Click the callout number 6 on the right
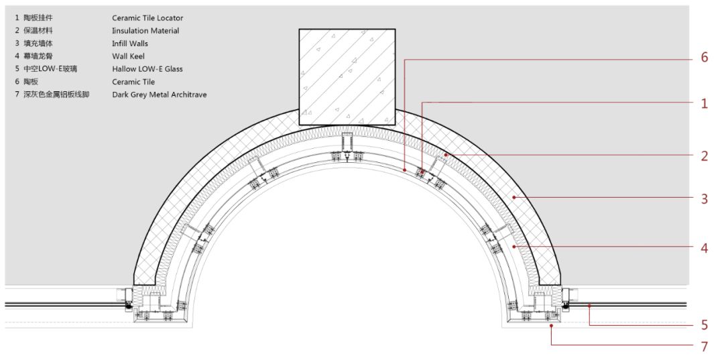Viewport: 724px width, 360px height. click(x=704, y=58)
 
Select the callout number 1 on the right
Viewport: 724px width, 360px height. click(x=704, y=104)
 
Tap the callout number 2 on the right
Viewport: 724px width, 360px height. click(x=704, y=156)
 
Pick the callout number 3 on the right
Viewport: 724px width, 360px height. click(x=704, y=199)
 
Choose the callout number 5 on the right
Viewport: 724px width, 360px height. click(x=704, y=325)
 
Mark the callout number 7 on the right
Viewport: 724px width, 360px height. click(x=704, y=346)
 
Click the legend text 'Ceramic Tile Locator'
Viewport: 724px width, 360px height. click(x=147, y=18)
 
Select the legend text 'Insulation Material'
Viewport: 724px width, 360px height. click(x=145, y=31)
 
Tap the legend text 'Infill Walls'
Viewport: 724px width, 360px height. click(x=130, y=44)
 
